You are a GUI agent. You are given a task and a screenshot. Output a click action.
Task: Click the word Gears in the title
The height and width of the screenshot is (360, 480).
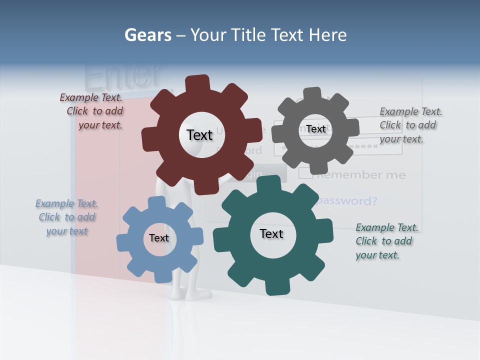(147, 35)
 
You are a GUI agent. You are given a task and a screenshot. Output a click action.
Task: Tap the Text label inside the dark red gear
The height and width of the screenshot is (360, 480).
(199, 135)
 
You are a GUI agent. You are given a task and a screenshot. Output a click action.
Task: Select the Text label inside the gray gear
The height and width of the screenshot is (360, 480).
(316, 129)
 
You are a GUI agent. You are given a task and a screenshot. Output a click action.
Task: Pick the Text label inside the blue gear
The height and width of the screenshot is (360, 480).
(159, 238)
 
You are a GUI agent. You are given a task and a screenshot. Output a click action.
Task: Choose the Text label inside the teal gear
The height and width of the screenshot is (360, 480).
(271, 233)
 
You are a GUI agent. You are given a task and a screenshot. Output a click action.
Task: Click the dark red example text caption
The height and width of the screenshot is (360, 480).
(92, 111)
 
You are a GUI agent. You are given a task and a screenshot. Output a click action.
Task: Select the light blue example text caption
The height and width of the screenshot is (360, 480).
(67, 217)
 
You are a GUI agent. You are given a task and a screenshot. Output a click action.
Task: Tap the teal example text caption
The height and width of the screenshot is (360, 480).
(386, 241)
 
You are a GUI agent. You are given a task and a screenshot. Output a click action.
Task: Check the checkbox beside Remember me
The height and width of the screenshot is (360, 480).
(305, 173)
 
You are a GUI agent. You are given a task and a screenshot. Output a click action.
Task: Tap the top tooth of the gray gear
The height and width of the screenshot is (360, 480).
(312, 94)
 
